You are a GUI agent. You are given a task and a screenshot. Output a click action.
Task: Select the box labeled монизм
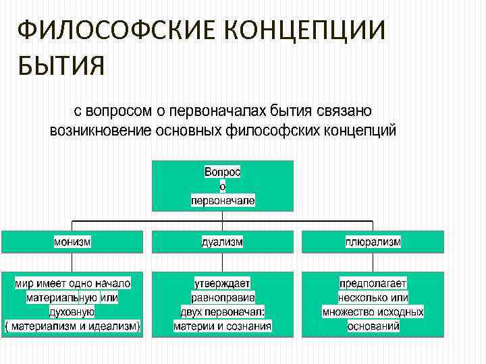72,241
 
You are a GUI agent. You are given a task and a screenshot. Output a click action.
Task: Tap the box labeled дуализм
223,241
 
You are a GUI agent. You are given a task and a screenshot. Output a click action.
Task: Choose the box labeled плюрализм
373,241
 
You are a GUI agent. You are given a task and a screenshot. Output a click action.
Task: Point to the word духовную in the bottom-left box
72,312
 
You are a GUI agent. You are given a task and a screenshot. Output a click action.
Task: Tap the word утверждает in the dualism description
223,283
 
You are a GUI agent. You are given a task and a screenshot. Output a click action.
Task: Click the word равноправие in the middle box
223,297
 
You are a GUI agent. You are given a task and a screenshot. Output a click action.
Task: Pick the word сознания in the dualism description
250,327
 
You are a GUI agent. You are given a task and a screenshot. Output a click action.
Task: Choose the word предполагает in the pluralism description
373,283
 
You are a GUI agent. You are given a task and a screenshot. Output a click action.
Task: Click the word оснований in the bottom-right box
373,327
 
